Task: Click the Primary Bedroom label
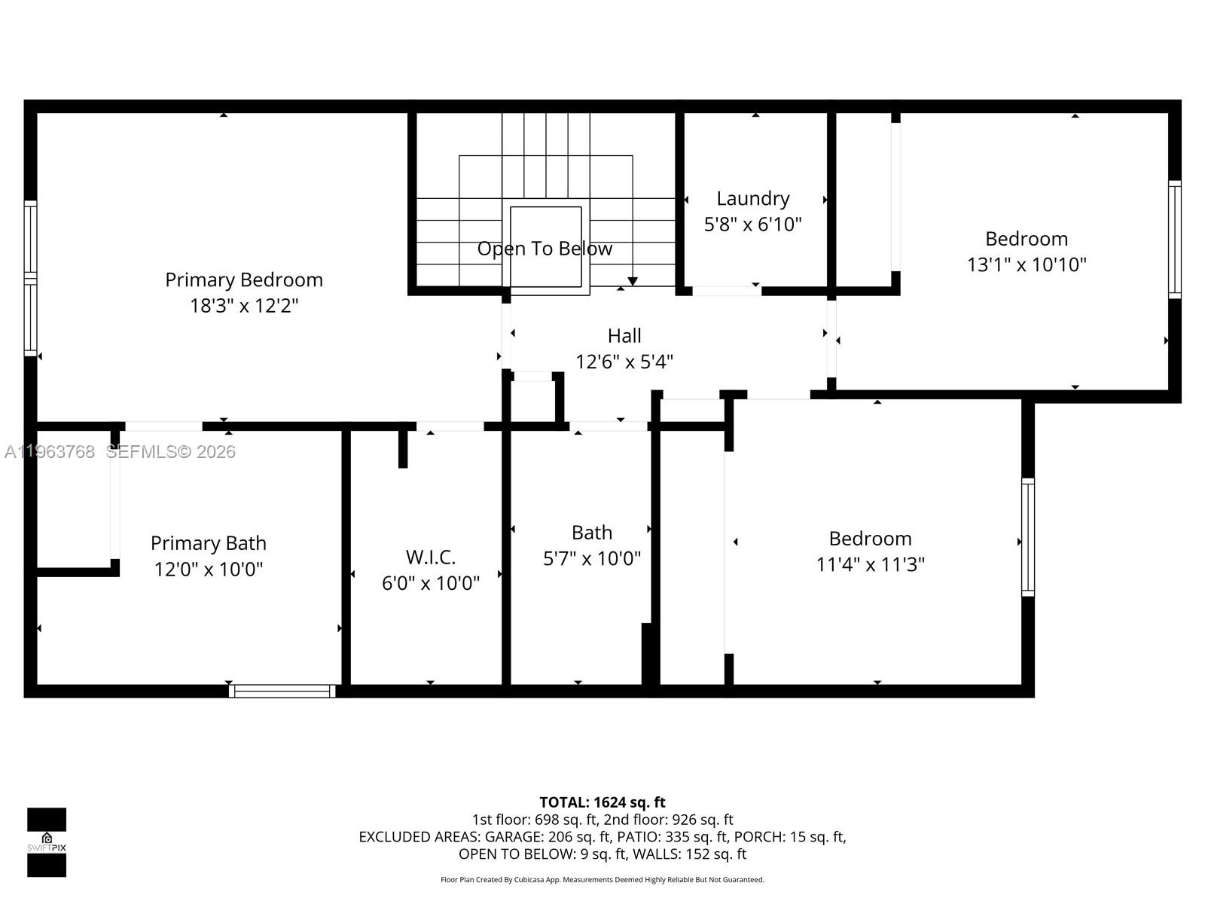pyautogui.click(x=244, y=279)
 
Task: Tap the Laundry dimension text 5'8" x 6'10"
pyautogui.click(x=752, y=224)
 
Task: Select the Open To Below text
pyautogui.click(x=545, y=249)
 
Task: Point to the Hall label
pyautogui.click(x=624, y=336)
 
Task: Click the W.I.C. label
pyautogui.click(x=430, y=557)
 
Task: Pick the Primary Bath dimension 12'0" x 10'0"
pyautogui.click(x=209, y=570)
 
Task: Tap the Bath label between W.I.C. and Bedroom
pyautogui.click(x=591, y=533)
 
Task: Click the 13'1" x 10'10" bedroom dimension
pyautogui.click(x=1027, y=264)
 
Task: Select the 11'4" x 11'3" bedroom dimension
pyautogui.click(x=870, y=564)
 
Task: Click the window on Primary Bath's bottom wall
pyautogui.click(x=282, y=691)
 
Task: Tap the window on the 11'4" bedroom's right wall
pyautogui.click(x=1027, y=537)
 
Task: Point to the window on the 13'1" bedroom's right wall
pyautogui.click(x=1174, y=240)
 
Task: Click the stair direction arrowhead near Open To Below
pyautogui.click(x=633, y=282)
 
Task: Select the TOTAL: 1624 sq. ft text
pyautogui.click(x=602, y=802)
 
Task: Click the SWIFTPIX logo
pyautogui.click(x=47, y=841)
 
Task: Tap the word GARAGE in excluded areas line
pyautogui.click(x=512, y=837)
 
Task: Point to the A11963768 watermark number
pyautogui.click(x=50, y=452)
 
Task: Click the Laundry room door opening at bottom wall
pyautogui.click(x=726, y=291)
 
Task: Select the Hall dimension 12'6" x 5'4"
pyautogui.click(x=624, y=362)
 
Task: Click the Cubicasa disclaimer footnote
pyautogui.click(x=602, y=880)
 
